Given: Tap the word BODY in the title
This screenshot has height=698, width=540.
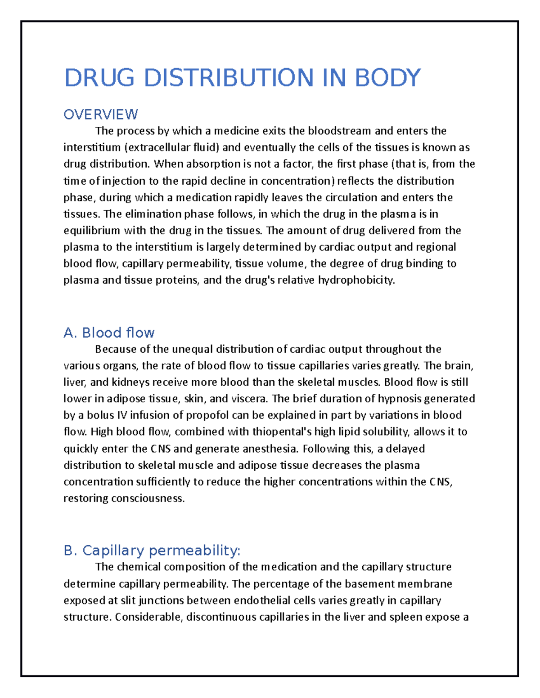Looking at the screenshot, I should point(387,78).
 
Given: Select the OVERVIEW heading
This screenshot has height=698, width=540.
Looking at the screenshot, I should point(100,115).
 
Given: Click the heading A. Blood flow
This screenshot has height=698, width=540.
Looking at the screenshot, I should point(109,333).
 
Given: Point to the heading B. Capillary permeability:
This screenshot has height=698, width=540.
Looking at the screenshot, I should point(152,551).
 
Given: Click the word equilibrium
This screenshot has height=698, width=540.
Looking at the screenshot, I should point(92,231).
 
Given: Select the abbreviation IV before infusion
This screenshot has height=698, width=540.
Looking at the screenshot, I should point(121,415).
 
